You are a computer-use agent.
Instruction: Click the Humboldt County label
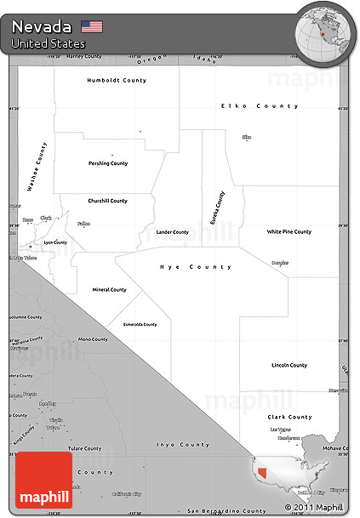tap(117, 80)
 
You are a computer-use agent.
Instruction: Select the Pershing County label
tap(108, 163)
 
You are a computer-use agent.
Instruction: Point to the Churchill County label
tap(107, 201)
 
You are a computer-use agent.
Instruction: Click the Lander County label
tap(173, 231)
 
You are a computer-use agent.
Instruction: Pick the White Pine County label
tap(289, 231)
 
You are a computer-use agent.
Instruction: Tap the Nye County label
tap(196, 267)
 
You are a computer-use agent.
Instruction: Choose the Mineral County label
tap(109, 289)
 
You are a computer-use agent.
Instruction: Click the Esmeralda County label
tap(140, 324)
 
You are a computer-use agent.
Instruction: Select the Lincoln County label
tap(289, 365)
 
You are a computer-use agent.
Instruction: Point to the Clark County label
tap(289, 417)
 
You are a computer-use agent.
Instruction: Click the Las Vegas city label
tap(280, 430)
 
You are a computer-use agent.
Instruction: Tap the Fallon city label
tap(83, 224)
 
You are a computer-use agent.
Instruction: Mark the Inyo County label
tap(182, 445)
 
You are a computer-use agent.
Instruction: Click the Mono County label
tap(93, 339)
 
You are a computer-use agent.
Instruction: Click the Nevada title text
tap(42, 26)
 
